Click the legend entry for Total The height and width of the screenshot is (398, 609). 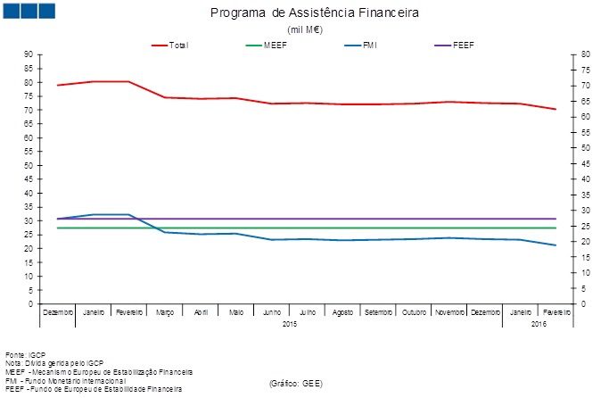pyautogui.click(x=178, y=45)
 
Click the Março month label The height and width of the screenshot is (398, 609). pyautogui.click(x=165, y=312)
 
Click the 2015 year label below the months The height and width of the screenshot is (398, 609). pyautogui.click(x=290, y=323)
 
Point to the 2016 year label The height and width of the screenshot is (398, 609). pyautogui.click(x=538, y=323)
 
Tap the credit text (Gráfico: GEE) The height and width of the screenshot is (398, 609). pyautogui.click(x=295, y=382)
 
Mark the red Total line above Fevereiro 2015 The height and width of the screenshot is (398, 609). pyautogui.click(x=129, y=81)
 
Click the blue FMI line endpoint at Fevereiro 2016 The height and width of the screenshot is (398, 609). pyautogui.click(x=556, y=245)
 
